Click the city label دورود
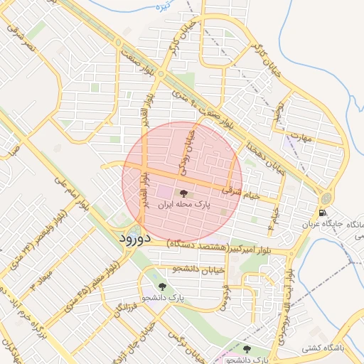(x=133, y=237)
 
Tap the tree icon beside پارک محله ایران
(x=183, y=193)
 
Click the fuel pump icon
(x=324, y=213)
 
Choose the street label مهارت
(x=303, y=137)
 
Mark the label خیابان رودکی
(x=187, y=151)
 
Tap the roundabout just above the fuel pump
(x=325, y=198)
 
